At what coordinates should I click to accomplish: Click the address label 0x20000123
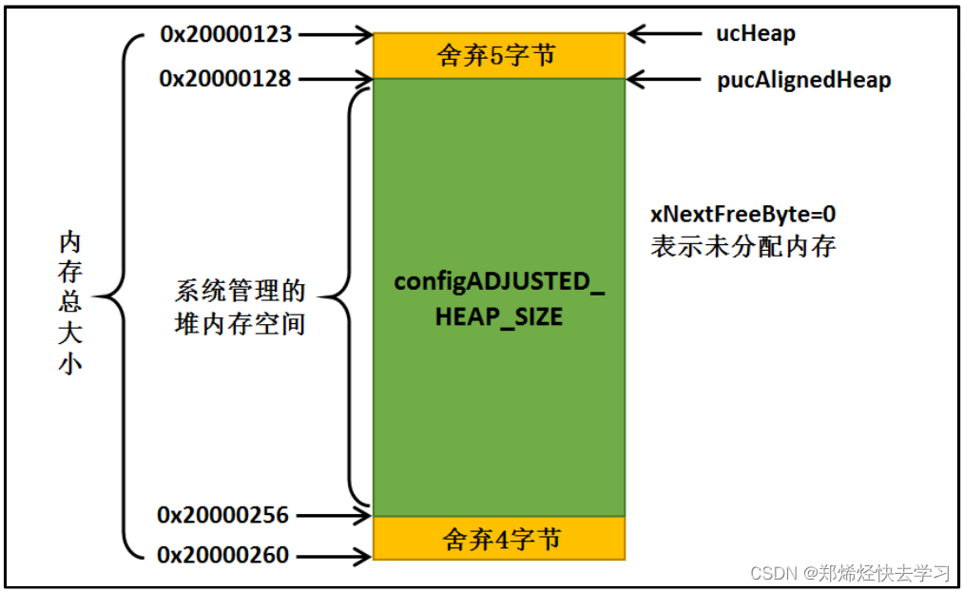226,35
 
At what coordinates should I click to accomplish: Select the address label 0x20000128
225,79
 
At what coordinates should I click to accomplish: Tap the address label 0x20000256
223,515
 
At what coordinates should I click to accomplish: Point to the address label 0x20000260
223,554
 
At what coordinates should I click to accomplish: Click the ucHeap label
756,34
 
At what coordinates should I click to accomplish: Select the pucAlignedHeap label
803,80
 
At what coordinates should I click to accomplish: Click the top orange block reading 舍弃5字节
498,56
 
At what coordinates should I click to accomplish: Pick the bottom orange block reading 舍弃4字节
498,539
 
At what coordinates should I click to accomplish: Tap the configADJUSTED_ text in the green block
499,282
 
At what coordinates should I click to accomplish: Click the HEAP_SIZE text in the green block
499,316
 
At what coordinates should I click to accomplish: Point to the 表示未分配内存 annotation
742,247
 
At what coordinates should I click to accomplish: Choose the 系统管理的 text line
241,290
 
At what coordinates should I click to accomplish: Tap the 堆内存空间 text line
241,323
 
